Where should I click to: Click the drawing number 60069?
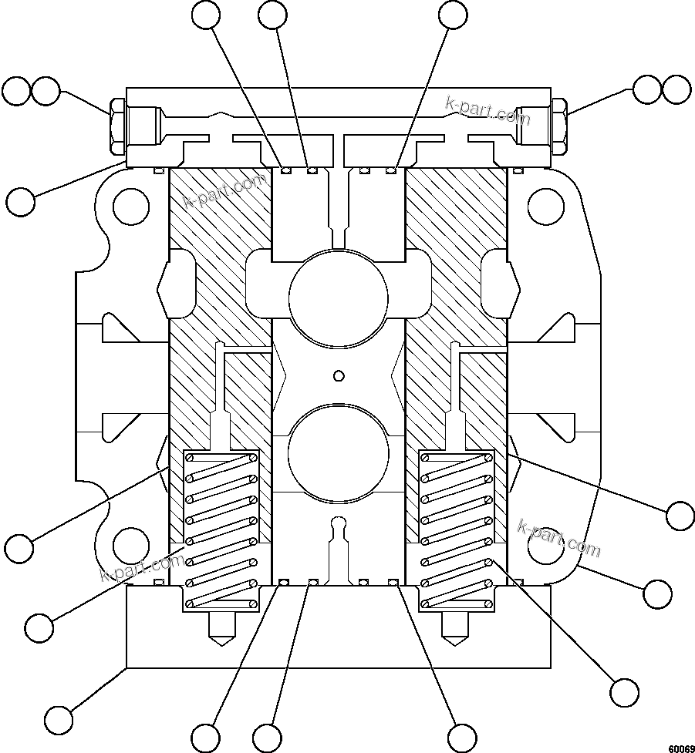[x=680, y=747]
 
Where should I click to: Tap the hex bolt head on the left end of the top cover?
[x=117, y=126]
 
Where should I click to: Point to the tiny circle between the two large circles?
[x=338, y=375]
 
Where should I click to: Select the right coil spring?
[x=455, y=529]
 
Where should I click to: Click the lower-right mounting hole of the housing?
[x=545, y=546]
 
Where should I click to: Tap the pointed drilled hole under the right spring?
[x=455, y=630]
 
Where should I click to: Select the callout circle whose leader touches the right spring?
[x=625, y=691]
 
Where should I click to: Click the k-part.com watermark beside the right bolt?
[x=488, y=111]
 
